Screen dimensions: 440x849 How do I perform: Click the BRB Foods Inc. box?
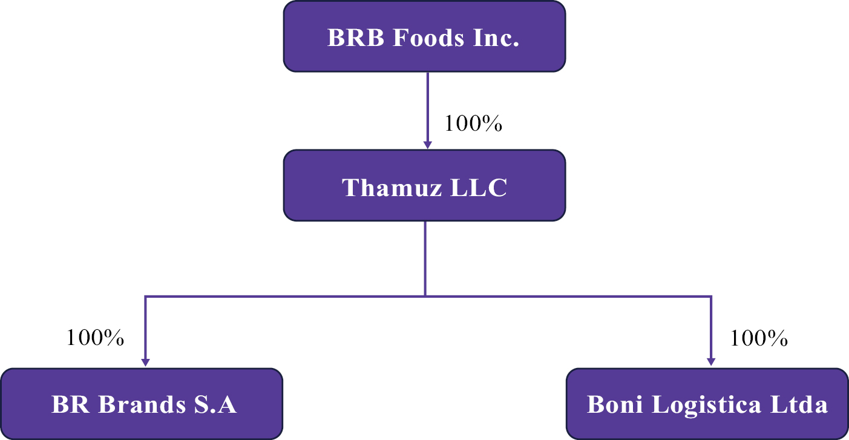click(424, 36)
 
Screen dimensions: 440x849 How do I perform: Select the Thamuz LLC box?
click(424, 185)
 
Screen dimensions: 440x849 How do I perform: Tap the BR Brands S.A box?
click(142, 404)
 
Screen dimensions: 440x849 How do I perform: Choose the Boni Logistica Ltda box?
click(707, 404)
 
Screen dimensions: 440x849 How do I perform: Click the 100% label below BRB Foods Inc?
click(473, 123)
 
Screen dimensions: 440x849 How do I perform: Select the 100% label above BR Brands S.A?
click(95, 338)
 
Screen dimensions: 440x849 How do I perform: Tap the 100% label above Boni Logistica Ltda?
click(759, 338)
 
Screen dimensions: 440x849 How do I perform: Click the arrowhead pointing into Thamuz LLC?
click(427, 145)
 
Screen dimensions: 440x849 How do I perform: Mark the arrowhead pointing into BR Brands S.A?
click(145, 362)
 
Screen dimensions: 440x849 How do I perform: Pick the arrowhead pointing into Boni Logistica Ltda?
click(711, 362)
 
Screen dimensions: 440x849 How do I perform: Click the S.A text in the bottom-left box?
click(216, 404)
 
